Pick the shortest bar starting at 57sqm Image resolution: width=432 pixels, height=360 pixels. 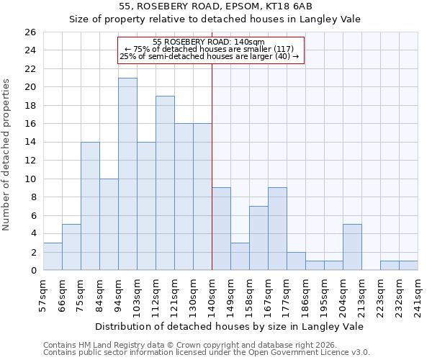pos(53,256)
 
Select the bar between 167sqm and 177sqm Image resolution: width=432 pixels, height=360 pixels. pos(277,229)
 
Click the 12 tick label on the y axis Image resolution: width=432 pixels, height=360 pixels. pos(30,161)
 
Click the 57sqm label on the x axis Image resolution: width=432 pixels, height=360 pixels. pos(43,292)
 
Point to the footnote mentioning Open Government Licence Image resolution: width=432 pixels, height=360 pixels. pos(206,352)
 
